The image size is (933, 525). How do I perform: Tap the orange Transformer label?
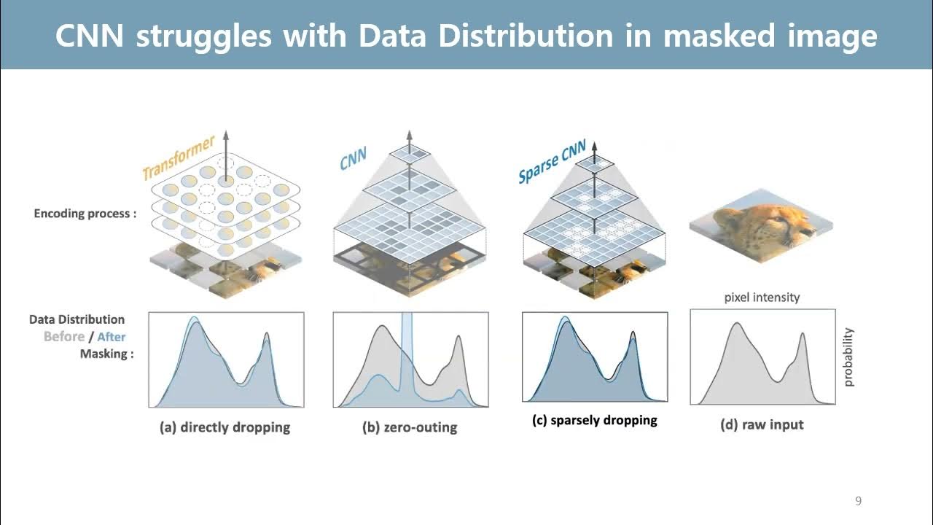click(178, 157)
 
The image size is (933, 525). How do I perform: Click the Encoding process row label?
click(85, 214)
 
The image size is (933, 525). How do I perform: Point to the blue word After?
click(111, 337)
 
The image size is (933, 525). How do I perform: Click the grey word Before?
click(64, 337)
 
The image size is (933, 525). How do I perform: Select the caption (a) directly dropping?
click(225, 427)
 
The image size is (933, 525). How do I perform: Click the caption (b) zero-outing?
click(410, 427)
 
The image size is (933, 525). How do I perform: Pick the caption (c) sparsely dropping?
click(595, 420)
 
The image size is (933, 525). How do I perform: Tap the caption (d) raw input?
click(762, 424)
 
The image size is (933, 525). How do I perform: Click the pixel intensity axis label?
click(762, 297)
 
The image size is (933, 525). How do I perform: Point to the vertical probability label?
click(848, 357)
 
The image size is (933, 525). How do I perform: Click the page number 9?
click(858, 501)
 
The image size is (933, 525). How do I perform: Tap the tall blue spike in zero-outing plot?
click(407, 343)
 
